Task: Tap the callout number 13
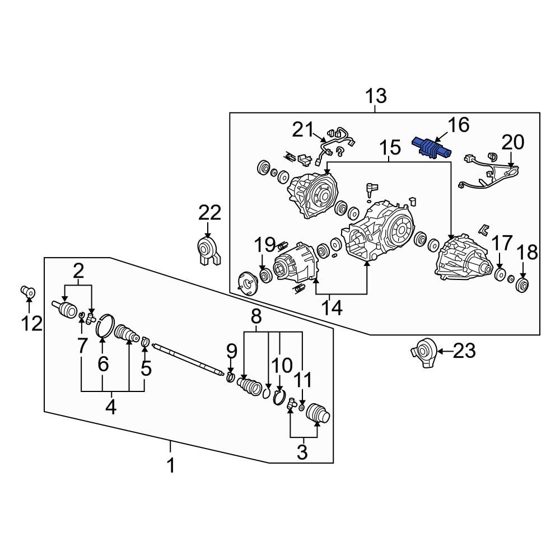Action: [x=376, y=96]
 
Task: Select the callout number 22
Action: [x=209, y=213]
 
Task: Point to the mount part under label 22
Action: [x=208, y=250]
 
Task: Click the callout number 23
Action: [x=464, y=352]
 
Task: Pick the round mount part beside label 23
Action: [x=424, y=352]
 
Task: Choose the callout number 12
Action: [x=32, y=323]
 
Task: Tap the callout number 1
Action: [x=171, y=465]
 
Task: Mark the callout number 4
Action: [x=111, y=407]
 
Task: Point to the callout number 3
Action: [x=302, y=451]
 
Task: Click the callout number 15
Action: [x=390, y=148]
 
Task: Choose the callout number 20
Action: [x=512, y=143]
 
